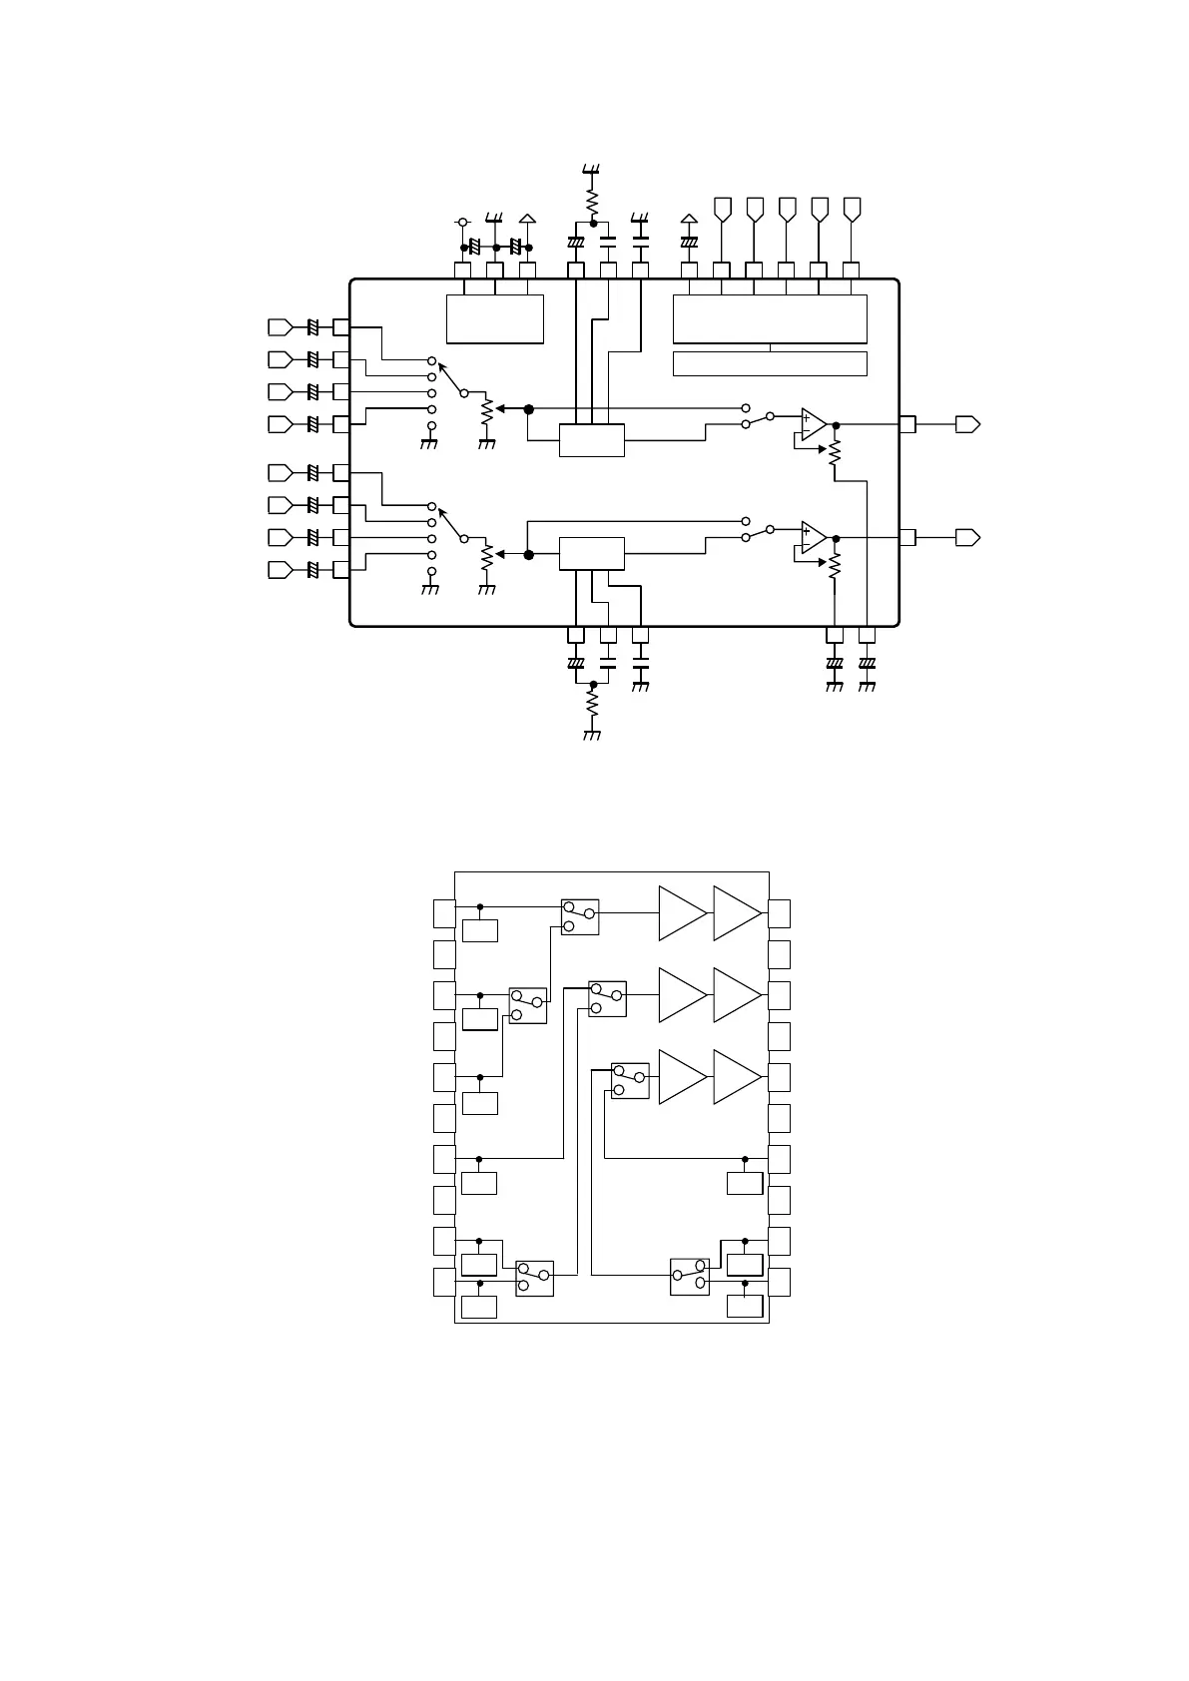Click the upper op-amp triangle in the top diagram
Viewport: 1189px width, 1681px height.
click(x=813, y=424)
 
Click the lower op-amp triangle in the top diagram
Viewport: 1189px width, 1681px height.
click(x=813, y=537)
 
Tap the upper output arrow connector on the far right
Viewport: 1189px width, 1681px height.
click(x=967, y=424)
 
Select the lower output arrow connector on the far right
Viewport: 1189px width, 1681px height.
click(x=967, y=537)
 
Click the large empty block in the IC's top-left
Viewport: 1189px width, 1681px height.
click(x=494, y=318)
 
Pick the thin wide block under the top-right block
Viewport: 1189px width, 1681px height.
click(x=770, y=363)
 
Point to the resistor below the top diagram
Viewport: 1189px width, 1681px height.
click(x=592, y=707)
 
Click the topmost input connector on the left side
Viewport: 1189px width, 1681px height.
click(x=281, y=326)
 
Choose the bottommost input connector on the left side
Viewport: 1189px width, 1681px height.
click(x=281, y=570)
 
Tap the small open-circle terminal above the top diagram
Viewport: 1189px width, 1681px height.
click(x=462, y=221)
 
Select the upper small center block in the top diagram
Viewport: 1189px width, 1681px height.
click(x=592, y=440)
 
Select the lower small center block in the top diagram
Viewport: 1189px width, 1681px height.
click(x=592, y=553)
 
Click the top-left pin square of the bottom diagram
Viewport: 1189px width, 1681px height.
click(x=444, y=912)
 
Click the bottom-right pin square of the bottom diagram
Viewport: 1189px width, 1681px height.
click(x=780, y=1282)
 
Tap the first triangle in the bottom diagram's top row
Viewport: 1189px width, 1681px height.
click(x=682, y=912)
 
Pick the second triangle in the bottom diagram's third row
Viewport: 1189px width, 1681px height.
click(x=737, y=1077)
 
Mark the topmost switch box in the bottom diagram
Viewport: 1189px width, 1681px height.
click(x=580, y=915)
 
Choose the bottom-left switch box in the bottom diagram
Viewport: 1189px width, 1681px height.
click(x=534, y=1278)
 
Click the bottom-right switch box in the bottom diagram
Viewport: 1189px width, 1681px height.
click(x=690, y=1277)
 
